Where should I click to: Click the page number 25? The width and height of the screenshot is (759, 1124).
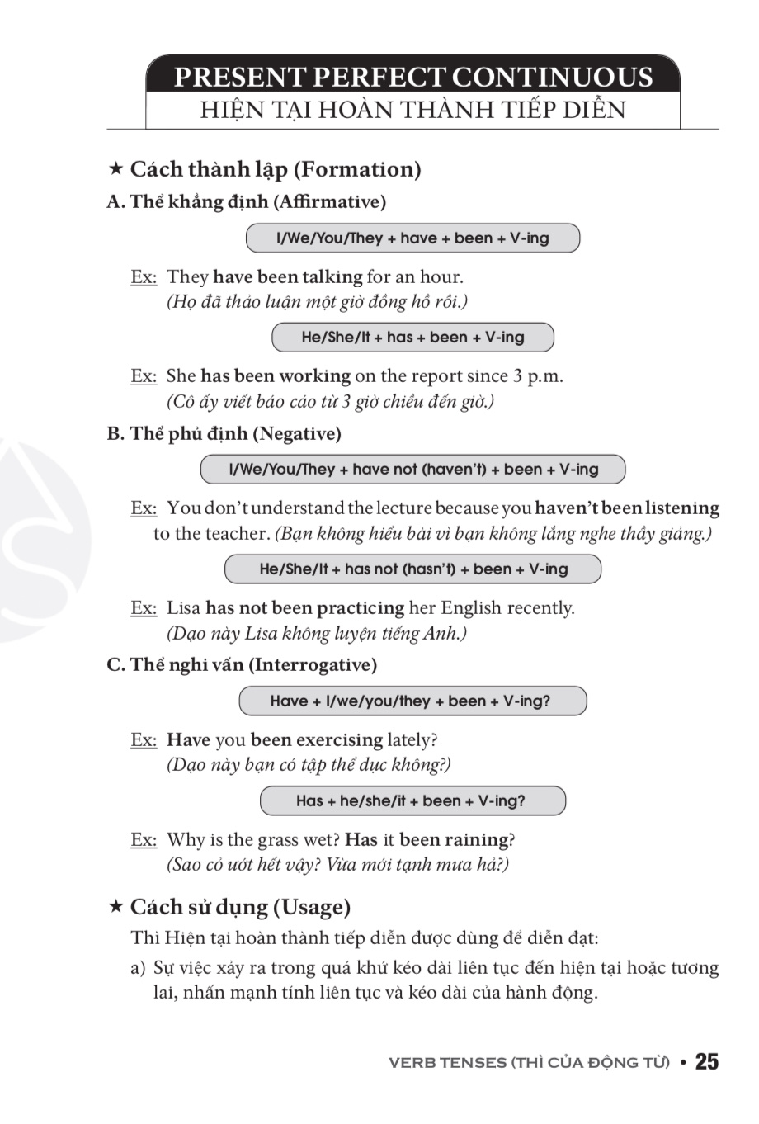point(706,1062)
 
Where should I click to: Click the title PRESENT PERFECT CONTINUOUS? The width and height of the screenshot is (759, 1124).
point(413,77)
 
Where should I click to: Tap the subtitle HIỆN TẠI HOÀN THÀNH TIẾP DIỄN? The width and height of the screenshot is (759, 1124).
point(413,111)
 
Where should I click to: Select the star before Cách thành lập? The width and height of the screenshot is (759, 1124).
point(115,169)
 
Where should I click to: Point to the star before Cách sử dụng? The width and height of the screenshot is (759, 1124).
point(115,907)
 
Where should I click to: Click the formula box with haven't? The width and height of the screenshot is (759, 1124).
point(412,470)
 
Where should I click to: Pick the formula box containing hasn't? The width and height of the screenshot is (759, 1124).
point(412,569)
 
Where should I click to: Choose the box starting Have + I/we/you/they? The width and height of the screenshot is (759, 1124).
point(412,701)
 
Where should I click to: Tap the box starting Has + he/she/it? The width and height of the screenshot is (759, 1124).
point(412,801)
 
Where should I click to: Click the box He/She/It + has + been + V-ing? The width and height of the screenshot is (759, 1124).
point(412,338)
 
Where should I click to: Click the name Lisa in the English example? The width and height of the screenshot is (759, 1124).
point(183,608)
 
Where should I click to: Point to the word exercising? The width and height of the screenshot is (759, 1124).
point(339,740)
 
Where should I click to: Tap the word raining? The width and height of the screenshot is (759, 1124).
point(477,840)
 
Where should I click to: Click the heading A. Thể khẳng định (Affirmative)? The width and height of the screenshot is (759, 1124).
point(247,202)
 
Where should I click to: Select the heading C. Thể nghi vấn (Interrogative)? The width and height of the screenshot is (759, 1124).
point(242,665)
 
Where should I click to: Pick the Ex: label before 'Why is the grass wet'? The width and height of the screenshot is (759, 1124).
point(144,840)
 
